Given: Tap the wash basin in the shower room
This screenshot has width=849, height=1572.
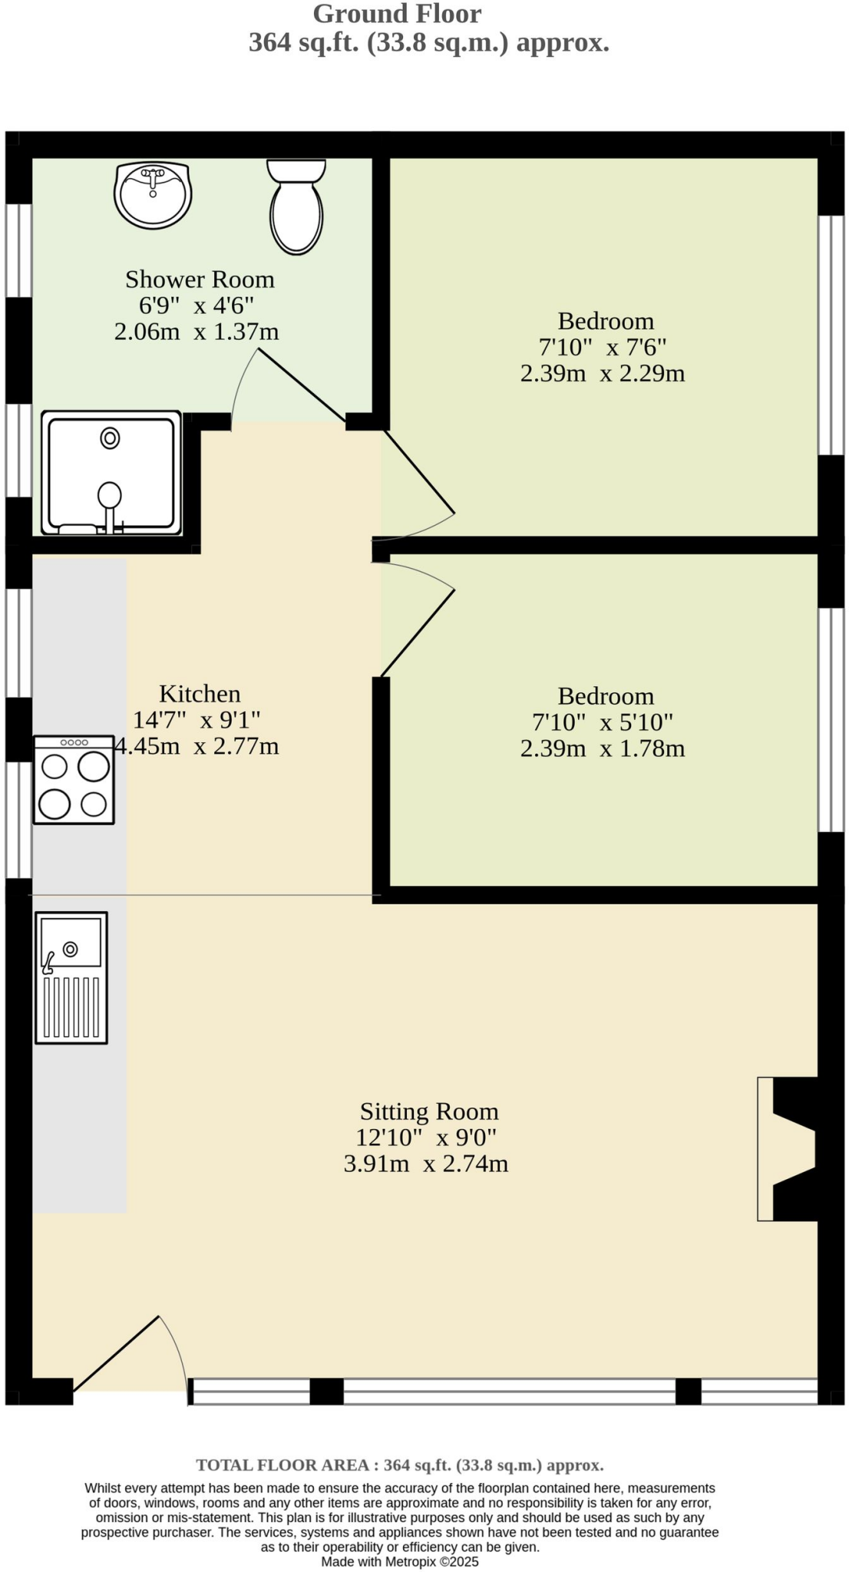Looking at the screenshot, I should pos(153,195).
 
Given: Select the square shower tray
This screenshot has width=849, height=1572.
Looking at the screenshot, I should pos(111,473).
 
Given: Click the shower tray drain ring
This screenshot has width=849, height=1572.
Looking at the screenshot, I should pos(111,438).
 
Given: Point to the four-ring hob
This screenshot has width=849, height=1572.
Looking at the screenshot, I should pos(74,780).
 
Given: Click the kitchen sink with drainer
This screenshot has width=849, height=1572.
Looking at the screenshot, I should pos(71,977).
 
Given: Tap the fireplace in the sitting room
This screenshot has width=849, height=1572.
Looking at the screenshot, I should pos(787,1148).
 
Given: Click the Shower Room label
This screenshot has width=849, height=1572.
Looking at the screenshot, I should pos(200,279).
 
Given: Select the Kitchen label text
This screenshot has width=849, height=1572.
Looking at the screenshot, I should pos(200,694).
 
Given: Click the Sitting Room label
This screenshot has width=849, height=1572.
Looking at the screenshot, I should pos(429,1111).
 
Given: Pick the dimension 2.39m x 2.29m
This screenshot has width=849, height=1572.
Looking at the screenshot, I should pos(603,374).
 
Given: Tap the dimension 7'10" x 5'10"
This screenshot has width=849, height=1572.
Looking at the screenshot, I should pos(603,722).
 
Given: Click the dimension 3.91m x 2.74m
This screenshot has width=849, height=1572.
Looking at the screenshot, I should pos(426,1164).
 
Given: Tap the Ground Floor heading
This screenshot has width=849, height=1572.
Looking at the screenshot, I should pos(397,14).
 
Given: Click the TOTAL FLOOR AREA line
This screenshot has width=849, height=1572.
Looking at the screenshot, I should pos(400,1465).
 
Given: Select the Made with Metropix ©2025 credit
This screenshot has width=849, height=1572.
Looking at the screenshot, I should pos(400,1561).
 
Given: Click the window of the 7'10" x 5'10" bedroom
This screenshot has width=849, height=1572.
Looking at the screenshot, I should pos(831,720).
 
